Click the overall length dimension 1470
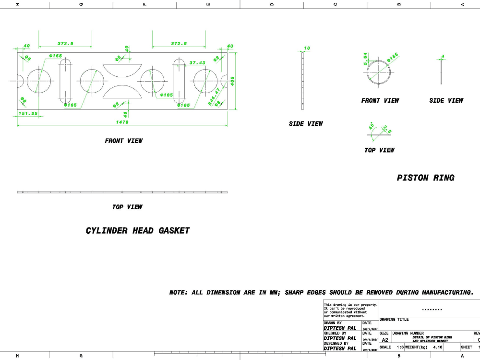(x=122, y=122)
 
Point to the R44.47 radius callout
(x=214, y=96)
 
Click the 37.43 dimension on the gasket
(x=197, y=63)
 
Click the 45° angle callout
(x=372, y=127)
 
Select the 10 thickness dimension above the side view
(x=307, y=48)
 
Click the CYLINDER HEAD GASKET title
(x=138, y=231)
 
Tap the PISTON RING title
(x=425, y=178)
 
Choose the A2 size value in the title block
(x=384, y=339)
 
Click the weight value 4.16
(x=437, y=347)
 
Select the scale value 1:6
(x=400, y=347)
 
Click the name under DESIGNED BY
(x=340, y=349)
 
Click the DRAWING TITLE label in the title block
(x=394, y=320)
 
